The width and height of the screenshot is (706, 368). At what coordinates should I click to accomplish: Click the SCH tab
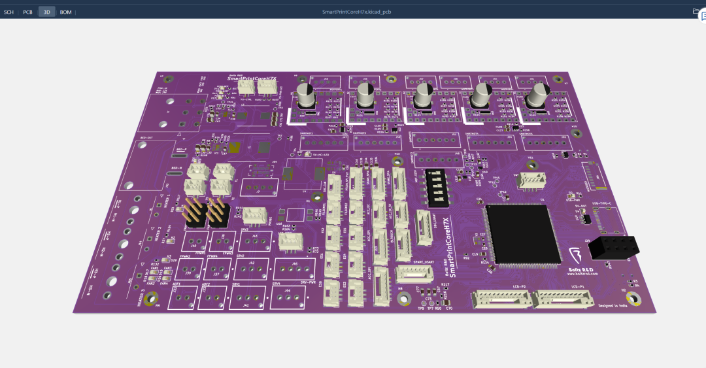click(x=9, y=12)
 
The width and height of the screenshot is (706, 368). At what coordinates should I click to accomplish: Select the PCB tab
click(x=27, y=12)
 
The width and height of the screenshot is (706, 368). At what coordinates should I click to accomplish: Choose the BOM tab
click(x=66, y=12)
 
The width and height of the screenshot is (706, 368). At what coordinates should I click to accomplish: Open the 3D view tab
click(x=46, y=12)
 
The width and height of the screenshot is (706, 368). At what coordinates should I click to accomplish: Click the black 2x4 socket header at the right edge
click(x=613, y=248)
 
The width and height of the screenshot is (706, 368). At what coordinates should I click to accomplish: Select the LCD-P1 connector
click(x=564, y=300)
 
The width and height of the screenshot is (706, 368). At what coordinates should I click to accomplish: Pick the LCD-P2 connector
click(x=501, y=300)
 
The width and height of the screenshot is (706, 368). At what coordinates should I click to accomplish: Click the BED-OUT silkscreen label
click(x=146, y=138)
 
